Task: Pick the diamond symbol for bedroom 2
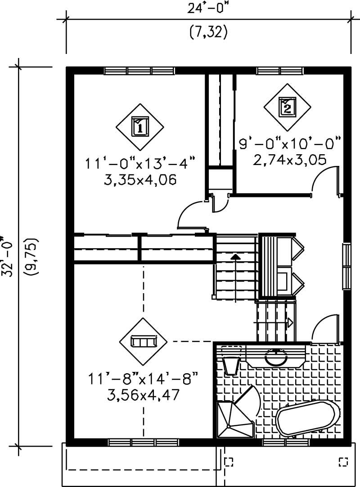tap(287, 106)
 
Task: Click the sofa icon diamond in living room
tap(143, 342)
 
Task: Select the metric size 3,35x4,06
tap(140, 180)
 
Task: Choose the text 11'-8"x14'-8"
tap(143, 379)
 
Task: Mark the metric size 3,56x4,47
tap(143, 395)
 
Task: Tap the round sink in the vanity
tap(276, 357)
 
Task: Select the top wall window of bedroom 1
tap(139, 71)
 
